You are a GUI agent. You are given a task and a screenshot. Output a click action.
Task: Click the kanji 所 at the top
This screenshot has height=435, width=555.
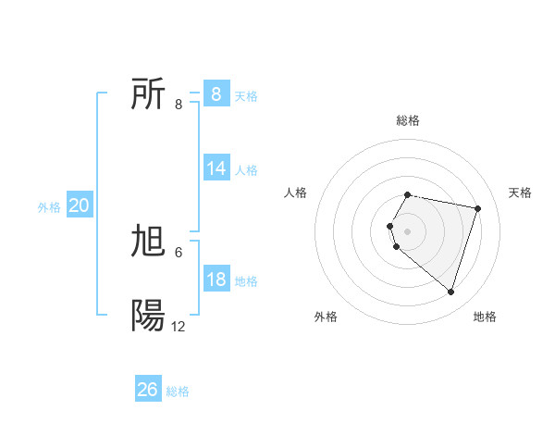pos(148,94)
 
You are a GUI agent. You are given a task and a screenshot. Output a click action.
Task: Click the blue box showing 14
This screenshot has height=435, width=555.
pos(216,168)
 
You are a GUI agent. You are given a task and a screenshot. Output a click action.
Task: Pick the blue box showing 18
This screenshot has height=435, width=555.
pos(216,280)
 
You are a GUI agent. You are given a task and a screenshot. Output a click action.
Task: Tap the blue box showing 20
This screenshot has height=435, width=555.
pos(79,205)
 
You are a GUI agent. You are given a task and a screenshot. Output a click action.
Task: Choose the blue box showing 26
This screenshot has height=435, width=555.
pos(148,390)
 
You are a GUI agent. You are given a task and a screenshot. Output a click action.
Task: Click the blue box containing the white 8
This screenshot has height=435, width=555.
pos(216,94)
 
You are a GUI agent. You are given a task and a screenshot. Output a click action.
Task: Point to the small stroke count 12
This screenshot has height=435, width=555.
pos(179,327)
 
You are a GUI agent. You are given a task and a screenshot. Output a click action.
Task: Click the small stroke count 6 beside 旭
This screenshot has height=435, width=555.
pos(179,253)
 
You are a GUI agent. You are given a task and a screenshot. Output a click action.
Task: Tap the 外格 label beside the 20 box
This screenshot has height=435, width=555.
pos(49,207)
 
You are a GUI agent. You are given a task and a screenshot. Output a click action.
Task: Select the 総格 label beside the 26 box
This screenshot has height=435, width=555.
pos(178,391)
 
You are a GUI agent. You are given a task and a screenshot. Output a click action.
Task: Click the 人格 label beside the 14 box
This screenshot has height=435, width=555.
pos(246,170)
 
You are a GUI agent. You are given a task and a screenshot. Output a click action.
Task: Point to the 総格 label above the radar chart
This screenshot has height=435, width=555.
pos(408,120)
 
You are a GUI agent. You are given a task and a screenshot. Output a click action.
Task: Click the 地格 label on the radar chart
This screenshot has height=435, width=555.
pos(485,317)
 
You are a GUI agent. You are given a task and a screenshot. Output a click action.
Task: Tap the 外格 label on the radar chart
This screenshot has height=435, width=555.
pos(326,317)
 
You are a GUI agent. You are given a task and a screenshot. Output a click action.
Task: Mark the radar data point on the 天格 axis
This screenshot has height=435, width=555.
pos(477,208)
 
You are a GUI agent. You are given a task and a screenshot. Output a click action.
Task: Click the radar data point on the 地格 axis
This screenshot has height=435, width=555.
pos(450,292)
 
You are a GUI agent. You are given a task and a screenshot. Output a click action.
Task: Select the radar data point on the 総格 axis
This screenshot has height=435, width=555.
pos(408,194)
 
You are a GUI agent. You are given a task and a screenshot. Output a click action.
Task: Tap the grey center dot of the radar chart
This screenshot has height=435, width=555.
pos(408,230)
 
